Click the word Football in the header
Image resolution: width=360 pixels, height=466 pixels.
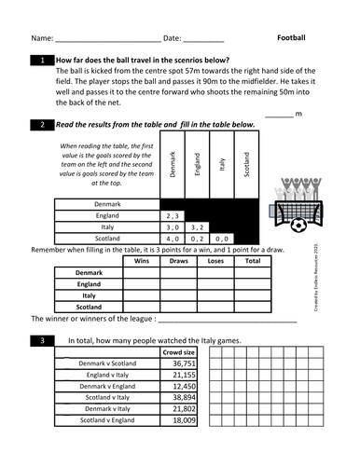[298, 38]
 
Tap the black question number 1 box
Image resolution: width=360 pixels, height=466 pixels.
[44, 60]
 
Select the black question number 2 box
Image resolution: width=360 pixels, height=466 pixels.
[44, 125]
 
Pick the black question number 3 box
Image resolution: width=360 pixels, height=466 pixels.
[44, 341]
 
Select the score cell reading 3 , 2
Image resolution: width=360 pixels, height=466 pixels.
[197, 226]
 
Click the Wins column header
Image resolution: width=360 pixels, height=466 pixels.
[142, 262]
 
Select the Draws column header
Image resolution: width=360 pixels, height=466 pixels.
[178, 262]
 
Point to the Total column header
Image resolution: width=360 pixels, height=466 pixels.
[253, 262]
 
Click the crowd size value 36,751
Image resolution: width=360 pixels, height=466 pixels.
[178, 363]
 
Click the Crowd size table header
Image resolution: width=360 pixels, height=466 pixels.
[178, 353]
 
